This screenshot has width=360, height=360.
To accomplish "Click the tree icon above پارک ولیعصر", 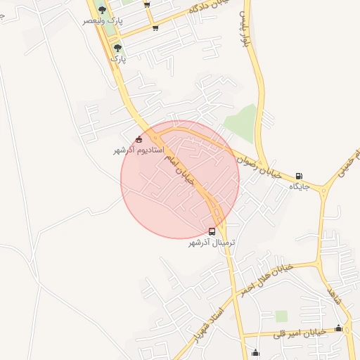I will pyautogui.click(x=103, y=10).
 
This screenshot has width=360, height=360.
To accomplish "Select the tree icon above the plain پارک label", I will pyautogui.click(x=117, y=48).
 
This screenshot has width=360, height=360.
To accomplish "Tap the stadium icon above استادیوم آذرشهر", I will pyautogui.click(x=139, y=139).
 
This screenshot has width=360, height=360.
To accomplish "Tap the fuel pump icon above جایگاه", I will pyautogui.click(x=300, y=176).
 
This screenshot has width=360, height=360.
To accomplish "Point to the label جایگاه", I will pyautogui.click(x=300, y=187).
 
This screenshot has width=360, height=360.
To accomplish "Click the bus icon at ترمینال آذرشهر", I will pyautogui.click(x=212, y=231).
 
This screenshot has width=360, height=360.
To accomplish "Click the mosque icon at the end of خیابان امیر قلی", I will pyautogui.click(x=338, y=328).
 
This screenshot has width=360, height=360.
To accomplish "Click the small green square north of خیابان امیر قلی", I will pyautogui.click(x=281, y=316).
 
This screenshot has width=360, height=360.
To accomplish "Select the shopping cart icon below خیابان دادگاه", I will pyautogui.click(x=155, y=27).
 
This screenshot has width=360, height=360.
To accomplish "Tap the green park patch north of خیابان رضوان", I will pyautogui.click(x=241, y=122).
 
